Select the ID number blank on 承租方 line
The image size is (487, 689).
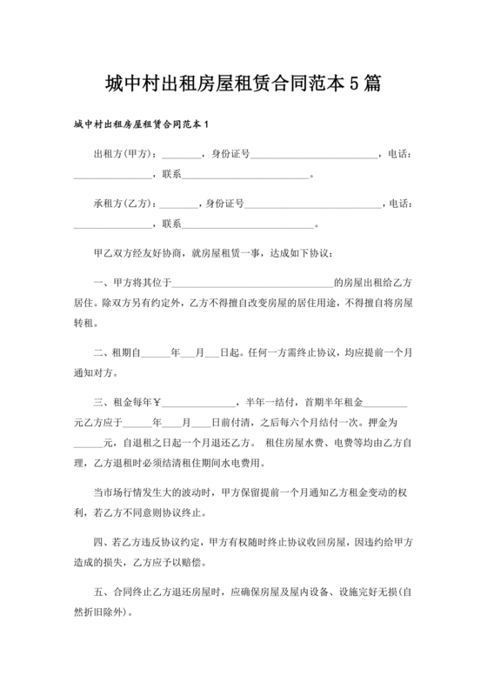314,206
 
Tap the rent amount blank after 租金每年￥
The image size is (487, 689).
197,404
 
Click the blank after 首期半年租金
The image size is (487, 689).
388,404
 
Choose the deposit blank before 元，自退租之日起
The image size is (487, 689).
90,443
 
